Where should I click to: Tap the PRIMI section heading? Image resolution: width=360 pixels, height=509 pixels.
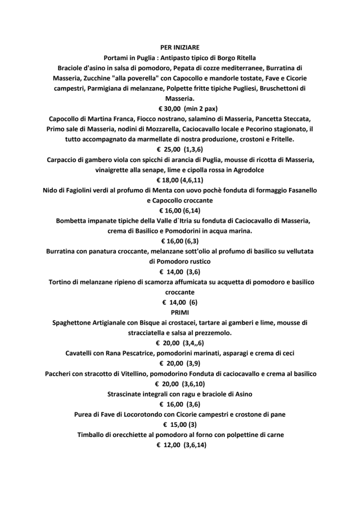pos(179,312)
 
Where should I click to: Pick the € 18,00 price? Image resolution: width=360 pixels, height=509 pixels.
pos(168,180)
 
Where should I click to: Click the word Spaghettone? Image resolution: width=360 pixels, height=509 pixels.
pos(76,323)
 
